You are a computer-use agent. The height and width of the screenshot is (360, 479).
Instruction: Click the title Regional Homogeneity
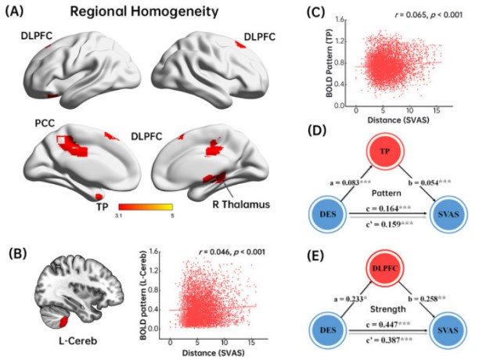(x=144, y=12)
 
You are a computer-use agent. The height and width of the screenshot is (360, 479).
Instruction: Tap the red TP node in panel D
(x=385, y=151)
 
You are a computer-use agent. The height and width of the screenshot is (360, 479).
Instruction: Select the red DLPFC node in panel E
(x=385, y=268)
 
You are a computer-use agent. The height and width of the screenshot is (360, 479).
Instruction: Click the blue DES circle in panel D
(x=327, y=214)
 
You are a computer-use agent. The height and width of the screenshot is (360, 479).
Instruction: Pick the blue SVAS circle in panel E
(x=448, y=330)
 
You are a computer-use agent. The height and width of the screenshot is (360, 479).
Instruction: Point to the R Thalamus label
(x=241, y=204)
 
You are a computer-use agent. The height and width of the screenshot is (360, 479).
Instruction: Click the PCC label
(x=45, y=123)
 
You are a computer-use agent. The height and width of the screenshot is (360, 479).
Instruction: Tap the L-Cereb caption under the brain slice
(x=78, y=340)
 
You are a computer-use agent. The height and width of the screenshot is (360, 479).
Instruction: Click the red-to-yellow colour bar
(x=146, y=207)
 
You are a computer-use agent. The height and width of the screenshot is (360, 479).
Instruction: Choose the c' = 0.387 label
(x=384, y=339)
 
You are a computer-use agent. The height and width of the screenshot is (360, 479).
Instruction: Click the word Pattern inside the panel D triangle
(x=386, y=193)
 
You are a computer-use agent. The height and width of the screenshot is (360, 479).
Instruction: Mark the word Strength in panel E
(x=388, y=309)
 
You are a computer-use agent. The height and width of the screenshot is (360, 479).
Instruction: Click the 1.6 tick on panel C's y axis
(x=340, y=20)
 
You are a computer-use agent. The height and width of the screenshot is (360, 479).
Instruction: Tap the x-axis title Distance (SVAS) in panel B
(x=213, y=353)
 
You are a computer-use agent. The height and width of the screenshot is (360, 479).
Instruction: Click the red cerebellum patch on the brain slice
(x=63, y=322)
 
